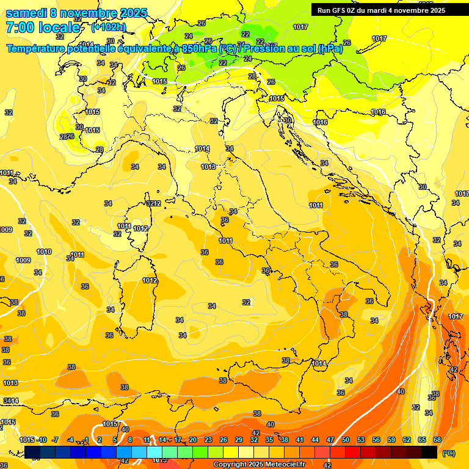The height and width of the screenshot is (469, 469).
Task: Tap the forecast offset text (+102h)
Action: (x=108, y=27)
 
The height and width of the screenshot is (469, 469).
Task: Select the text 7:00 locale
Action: (x=43, y=27)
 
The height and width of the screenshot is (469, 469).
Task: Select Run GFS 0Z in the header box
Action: (x=339, y=10)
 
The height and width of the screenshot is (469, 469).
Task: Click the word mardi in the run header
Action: (x=386, y=10)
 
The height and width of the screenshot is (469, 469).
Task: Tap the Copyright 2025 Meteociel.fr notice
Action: (x=259, y=465)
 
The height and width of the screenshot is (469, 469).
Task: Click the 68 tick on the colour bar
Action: (x=437, y=440)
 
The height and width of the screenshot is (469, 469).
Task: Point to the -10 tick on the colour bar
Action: (x=42, y=440)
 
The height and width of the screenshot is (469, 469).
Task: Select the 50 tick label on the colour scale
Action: (x=346, y=440)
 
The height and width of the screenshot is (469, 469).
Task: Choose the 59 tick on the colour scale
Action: (x=391, y=440)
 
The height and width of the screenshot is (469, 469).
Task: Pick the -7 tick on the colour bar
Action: (x=55, y=440)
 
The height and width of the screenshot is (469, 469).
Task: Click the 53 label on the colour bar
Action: (x=361, y=440)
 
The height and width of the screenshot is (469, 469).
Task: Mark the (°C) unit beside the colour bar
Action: (x=449, y=453)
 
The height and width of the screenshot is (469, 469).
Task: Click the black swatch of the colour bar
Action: (x=429, y=452)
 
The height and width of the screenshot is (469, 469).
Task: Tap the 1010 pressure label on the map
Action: (x=44, y=252)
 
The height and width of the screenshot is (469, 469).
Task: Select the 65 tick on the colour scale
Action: (x=422, y=440)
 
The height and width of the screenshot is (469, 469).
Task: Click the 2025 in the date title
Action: (x=134, y=13)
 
